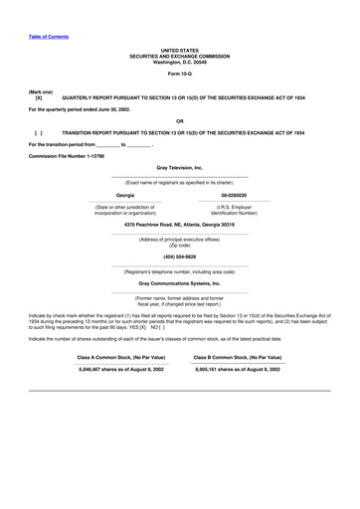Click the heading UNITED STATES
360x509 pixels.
click(x=180, y=49)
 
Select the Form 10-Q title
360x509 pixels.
click(x=180, y=74)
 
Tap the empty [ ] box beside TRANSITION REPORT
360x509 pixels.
click(x=39, y=132)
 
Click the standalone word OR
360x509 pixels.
click(x=180, y=120)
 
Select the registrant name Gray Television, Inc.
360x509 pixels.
click(x=180, y=169)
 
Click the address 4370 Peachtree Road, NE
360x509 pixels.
click(x=180, y=226)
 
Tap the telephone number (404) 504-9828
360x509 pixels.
click(x=180, y=256)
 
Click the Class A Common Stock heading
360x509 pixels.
click(x=123, y=356)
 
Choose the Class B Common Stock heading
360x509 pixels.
click(x=238, y=356)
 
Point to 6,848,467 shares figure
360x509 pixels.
click(x=123, y=369)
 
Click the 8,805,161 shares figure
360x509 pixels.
click(x=238, y=369)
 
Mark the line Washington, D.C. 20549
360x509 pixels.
click(x=180, y=62)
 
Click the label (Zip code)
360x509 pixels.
click(x=180, y=245)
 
